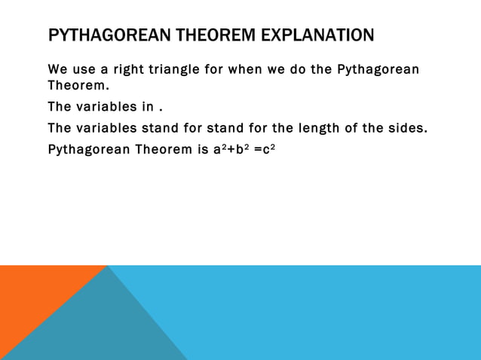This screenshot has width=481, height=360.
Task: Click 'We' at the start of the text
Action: pyautogui.click(x=57, y=70)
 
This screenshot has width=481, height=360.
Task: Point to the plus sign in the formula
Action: pyautogui.click(x=228, y=149)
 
